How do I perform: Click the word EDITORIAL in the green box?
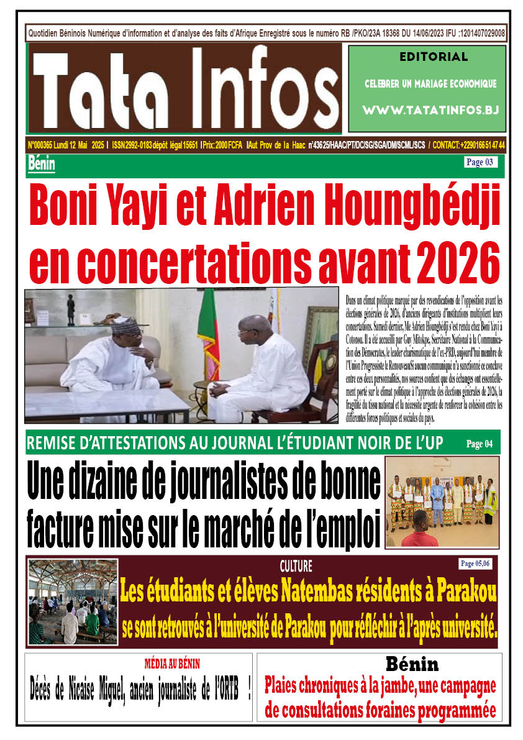(425, 57)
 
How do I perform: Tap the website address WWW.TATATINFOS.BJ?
(425, 110)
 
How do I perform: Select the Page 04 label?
(480, 444)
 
